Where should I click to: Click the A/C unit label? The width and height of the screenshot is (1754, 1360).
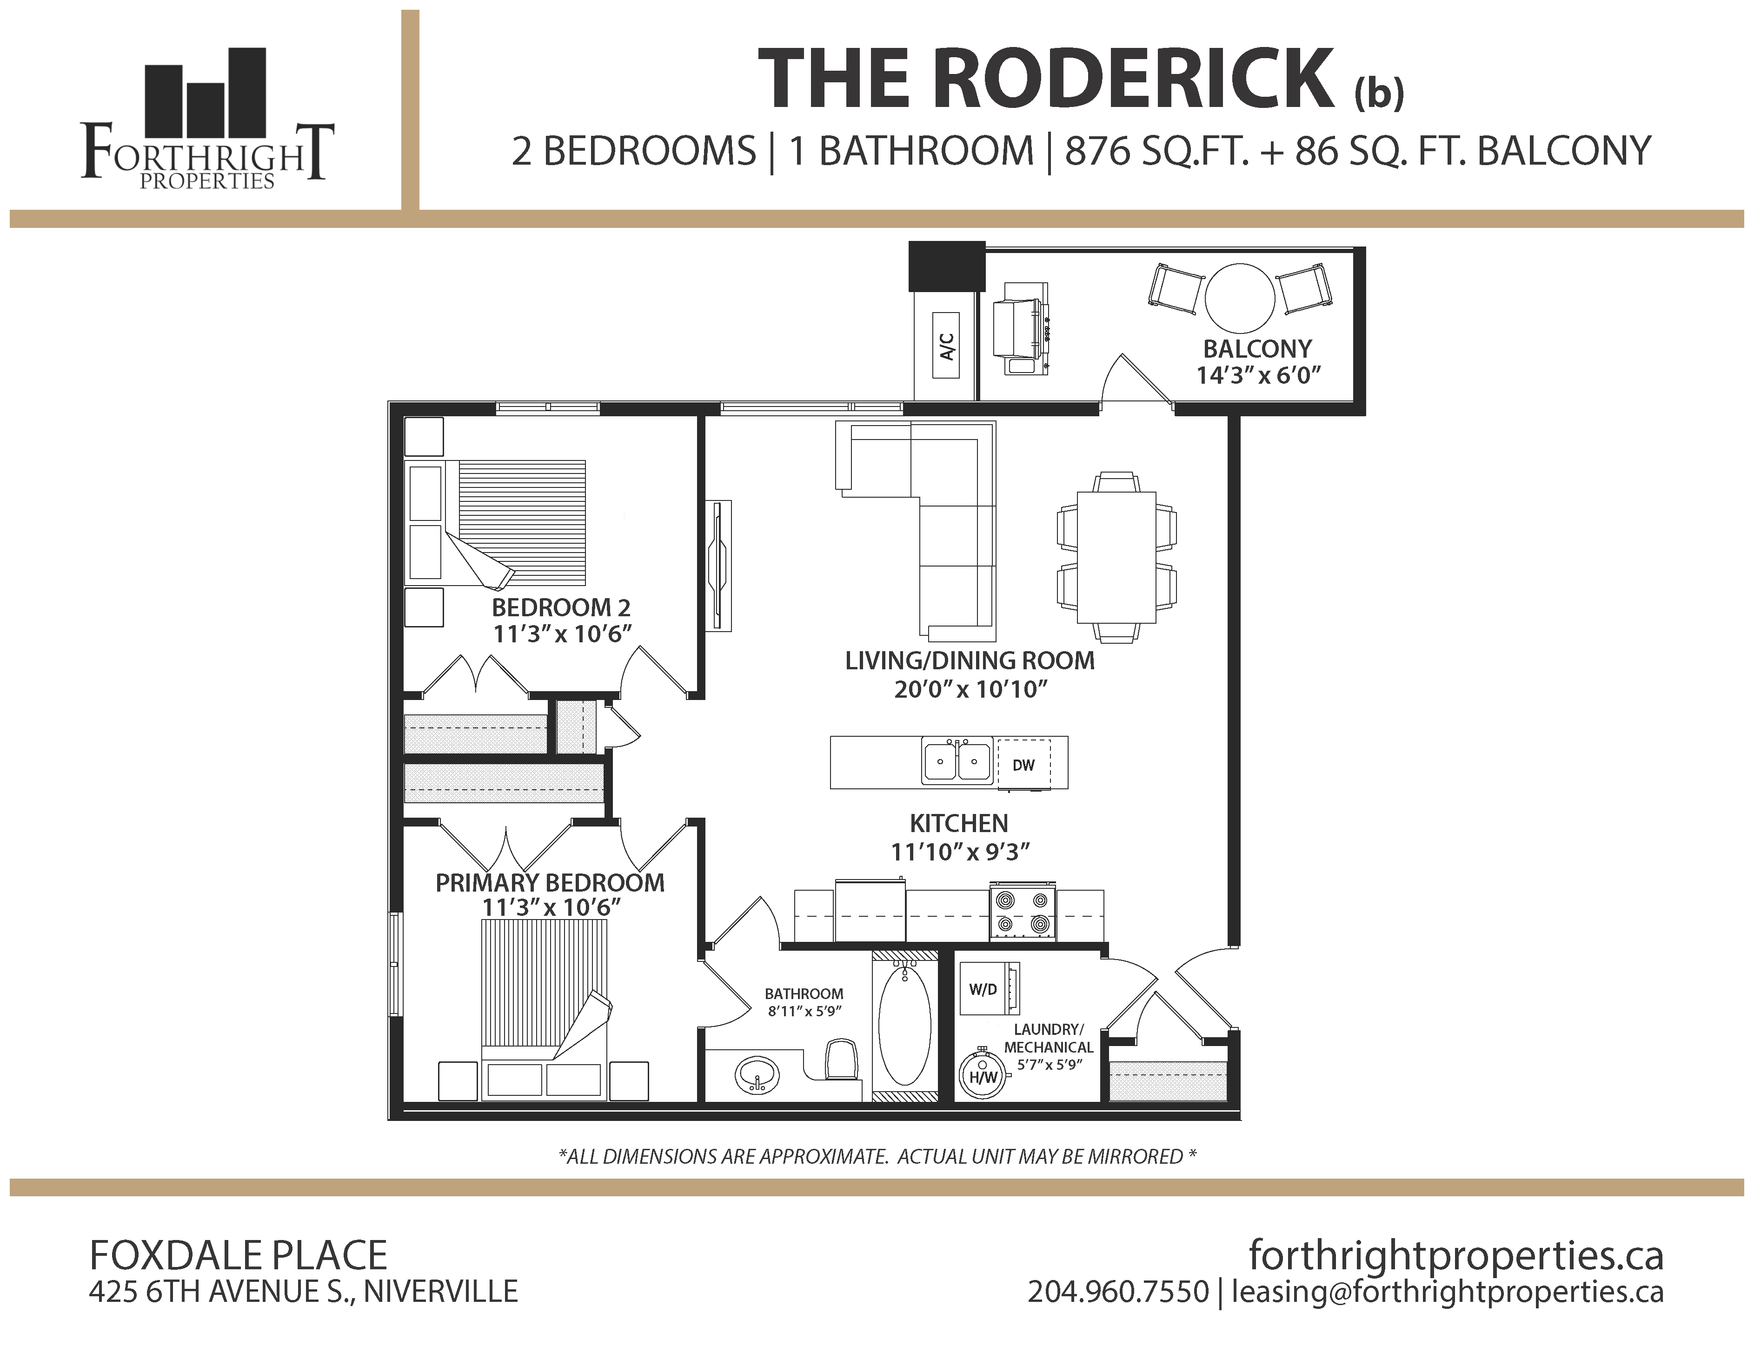click(x=946, y=346)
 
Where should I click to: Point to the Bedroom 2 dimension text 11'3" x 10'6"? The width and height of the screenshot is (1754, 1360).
click(x=562, y=634)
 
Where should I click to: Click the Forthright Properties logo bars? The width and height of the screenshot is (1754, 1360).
click(x=205, y=93)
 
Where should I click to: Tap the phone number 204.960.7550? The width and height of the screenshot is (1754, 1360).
click(x=1118, y=1292)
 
